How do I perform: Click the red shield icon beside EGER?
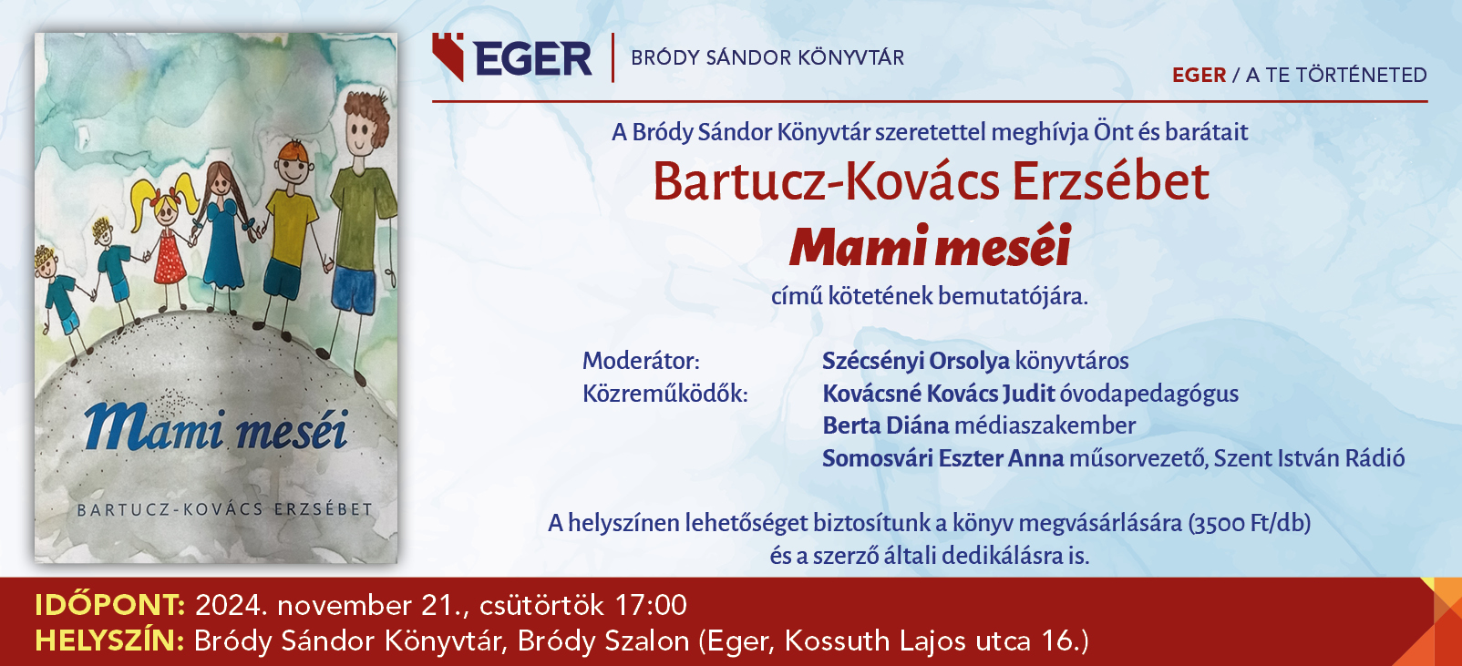coord(448,56)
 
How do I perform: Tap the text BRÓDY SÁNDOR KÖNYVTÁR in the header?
coord(767,58)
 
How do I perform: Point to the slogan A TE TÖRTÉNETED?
coord(1336,75)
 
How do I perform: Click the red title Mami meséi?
coord(930,246)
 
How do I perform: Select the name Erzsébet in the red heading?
coord(1110,182)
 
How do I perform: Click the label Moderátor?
coord(641,361)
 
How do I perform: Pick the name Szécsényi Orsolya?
coord(916,361)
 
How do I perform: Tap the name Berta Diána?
coord(886,425)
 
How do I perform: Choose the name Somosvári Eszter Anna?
coord(943,458)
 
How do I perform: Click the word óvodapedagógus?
coord(1149,394)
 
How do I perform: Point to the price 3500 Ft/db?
coord(1250,523)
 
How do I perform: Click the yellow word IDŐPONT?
coord(110,605)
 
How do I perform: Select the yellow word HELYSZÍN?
coord(109,640)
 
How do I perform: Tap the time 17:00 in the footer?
coord(651,605)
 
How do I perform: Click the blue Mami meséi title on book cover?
coord(216,428)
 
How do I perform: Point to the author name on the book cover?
coord(224,509)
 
